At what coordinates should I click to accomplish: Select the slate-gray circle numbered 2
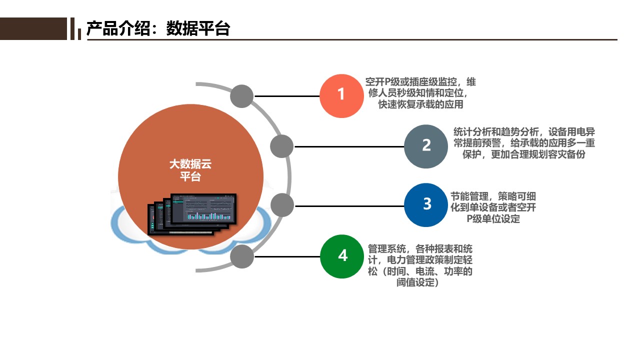(x=426, y=146)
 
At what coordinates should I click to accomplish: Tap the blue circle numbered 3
(x=426, y=205)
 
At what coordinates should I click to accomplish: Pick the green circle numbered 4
(x=342, y=256)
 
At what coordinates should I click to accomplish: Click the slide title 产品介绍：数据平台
(x=158, y=28)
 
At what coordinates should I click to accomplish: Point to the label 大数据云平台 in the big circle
(x=190, y=170)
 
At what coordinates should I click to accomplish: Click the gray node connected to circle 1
(x=242, y=96)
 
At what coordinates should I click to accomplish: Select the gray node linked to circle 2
(x=282, y=146)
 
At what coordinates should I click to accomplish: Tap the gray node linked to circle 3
(x=282, y=205)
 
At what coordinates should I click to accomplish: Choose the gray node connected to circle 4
(x=242, y=256)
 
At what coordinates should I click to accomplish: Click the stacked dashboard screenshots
(x=193, y=213)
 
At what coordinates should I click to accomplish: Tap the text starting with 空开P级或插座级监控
(x=420, y=93)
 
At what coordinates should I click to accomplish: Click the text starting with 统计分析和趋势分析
(x=524, y=143)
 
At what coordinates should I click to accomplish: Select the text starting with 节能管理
(x=493, y=207)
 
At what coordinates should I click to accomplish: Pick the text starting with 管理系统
(x=420, y=265)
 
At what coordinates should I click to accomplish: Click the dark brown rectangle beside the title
(x=33, y=28)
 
